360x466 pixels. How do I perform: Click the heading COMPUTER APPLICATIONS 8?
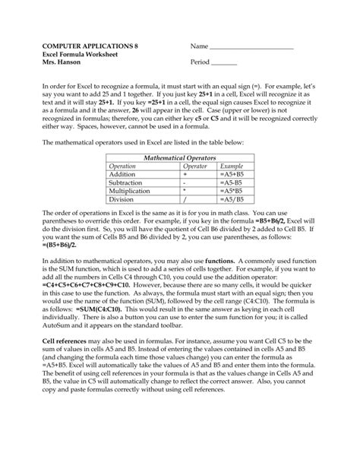(85, 46)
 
